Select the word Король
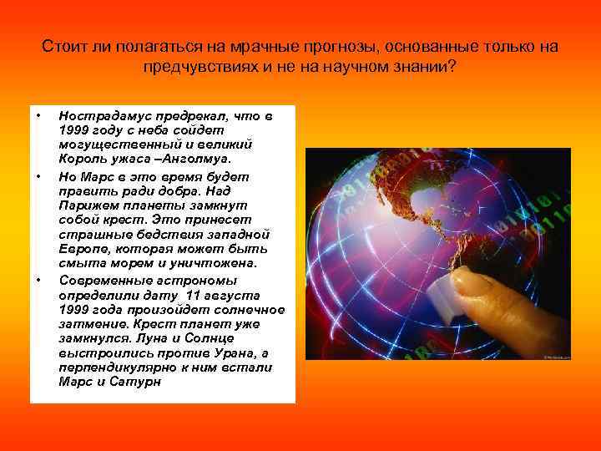point(82,158)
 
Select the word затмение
point(91,324)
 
